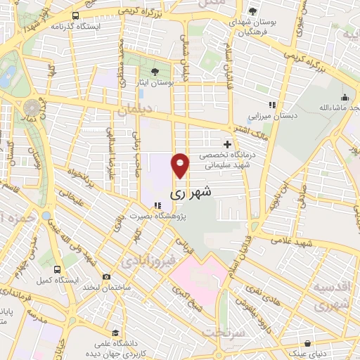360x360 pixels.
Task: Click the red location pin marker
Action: [x=181, y=165]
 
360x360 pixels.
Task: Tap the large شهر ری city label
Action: [x=192, y=191]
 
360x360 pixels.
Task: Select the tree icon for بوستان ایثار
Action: [x=155, y=72]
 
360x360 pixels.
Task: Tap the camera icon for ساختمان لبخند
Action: [x=106, y=276]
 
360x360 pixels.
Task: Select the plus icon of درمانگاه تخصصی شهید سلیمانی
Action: [x=226, y=144]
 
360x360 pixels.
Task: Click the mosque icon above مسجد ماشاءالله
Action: [x=344, y=98]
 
